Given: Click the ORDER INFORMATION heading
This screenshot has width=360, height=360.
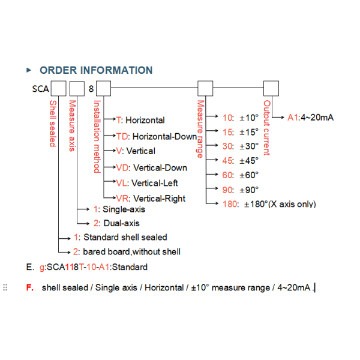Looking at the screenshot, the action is pyautogui.click(x=96, y=70).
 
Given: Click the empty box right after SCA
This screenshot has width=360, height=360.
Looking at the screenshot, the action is pyautogui.click(x=58, y=88).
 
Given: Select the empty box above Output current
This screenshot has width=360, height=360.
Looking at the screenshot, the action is pyautogui.click(x=271, y=88).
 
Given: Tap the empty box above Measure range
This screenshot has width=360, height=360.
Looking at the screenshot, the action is pyautogui.click(x=205, y=88).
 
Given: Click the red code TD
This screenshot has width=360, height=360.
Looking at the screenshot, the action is pyautogui.click(x=122, y=136).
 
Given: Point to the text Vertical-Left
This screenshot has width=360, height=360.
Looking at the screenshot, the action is pyautogui.click(x=155, y=183).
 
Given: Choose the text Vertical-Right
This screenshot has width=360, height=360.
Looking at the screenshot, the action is pyautogui.click(x=159, y=199).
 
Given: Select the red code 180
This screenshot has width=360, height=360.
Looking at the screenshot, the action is pyautogui.click(x=230, y=204).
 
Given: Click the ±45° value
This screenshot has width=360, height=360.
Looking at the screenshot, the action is pyautogui.click(x=249, y=160).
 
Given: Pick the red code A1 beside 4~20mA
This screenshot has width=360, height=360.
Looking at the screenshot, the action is pyautogui.click(x=293, y=118).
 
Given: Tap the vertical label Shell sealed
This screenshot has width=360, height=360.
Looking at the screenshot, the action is pyautogui.click(x=53, y=123).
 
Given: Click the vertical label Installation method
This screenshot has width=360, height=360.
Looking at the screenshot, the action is pyautogui.click(x=97, y=136).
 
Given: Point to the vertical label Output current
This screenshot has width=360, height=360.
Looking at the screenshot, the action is pyautogui.click(x=266, y=128).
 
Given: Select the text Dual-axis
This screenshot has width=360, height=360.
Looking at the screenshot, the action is pyautogui.click(x=121, y=223).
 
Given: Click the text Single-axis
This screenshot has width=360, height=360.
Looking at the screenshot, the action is pyautogui.click(x=124, y=209).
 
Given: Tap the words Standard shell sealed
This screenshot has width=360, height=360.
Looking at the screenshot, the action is pyautogui.click(x=125, y=237).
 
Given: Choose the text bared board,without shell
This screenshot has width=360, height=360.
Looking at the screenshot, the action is pyautogui.click(x=131, y=251).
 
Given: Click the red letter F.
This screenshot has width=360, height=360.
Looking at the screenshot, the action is pyautogui.click(x=30, y=287).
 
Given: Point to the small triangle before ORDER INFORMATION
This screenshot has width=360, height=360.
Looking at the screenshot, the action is pyautogui.click(x=29, y=70).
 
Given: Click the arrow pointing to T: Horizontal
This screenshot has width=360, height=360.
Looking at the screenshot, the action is pyautogui.click(x=110, y=119).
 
